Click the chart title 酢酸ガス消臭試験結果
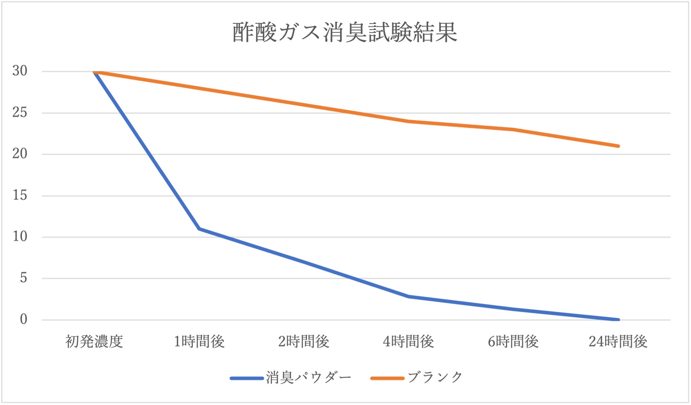345,32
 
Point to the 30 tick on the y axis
20,71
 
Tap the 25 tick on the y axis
20,113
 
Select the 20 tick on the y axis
20,154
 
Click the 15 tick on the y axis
20,195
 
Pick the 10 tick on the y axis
20,237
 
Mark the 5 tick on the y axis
23,278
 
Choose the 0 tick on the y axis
23,319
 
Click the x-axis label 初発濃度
94,342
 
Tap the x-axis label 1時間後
199,342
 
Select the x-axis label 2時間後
304,342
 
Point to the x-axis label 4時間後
408,342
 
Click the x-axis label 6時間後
513,342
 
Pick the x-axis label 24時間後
618,342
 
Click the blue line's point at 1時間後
199,229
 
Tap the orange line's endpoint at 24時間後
618,146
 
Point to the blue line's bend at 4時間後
408,297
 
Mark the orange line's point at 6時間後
513,130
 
